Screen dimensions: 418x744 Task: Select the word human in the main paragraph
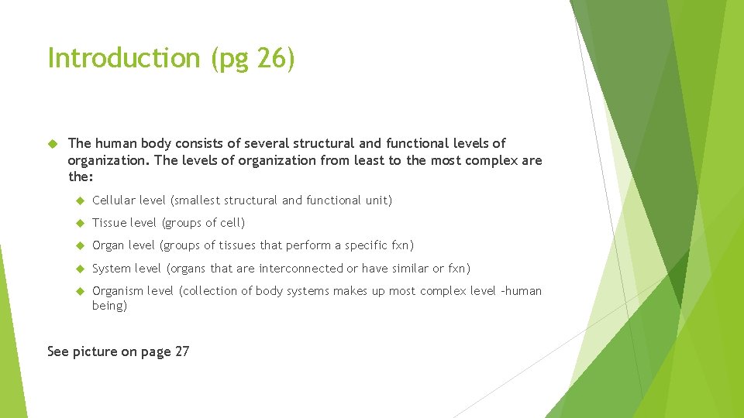(x=115, y=143)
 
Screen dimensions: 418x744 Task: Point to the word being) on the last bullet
(x=109, y=306)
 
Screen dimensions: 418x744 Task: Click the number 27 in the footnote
(x=182, y=351)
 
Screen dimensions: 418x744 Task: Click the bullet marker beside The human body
(x=53, y=143)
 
